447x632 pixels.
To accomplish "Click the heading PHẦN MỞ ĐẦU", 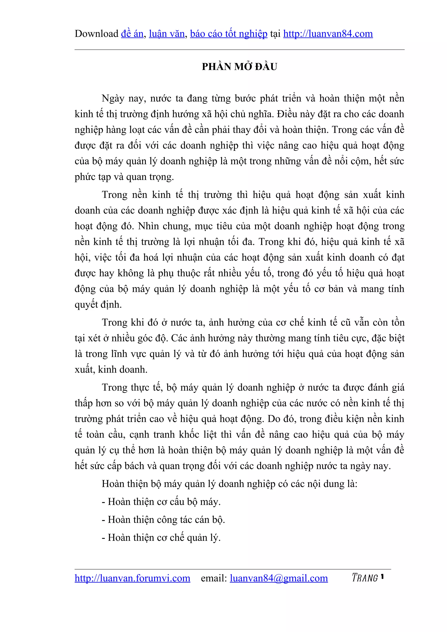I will tap(239, 67).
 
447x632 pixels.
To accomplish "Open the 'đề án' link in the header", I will tap(132, 34).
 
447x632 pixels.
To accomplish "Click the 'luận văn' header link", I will tap(167, 34).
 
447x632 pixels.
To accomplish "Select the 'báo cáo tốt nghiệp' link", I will tap(229, 34).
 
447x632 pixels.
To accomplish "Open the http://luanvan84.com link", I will tap(328, 34).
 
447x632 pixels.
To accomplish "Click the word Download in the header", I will tap(96, 34).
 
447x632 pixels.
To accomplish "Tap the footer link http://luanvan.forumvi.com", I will tap(132, 578).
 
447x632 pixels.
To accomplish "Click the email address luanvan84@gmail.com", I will tap(279, 578).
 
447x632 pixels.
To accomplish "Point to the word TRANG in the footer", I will tap(365, 578).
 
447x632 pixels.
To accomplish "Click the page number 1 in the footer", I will tap(382, 576).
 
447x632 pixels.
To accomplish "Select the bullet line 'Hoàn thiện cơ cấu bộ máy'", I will tap(161, 502).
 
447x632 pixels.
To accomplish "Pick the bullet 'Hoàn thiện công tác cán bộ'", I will tap(163, 520).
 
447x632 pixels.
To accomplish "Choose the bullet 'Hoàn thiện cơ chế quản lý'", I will tap(161, 538).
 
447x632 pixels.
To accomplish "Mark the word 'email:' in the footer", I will tap(214, 578).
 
